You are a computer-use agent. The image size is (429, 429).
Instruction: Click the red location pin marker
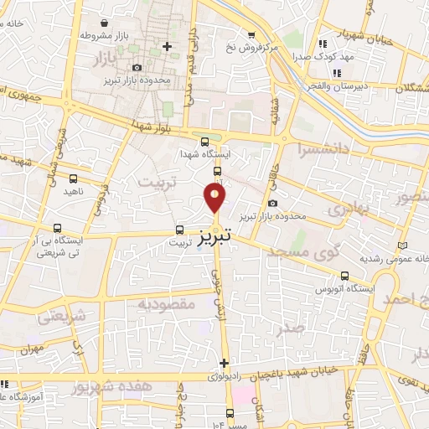(215, 198)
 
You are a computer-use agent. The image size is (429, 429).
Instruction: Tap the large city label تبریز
(216, 238)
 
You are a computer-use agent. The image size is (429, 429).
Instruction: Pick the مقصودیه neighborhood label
(167, 303)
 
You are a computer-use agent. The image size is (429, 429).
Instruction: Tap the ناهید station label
(74, 192)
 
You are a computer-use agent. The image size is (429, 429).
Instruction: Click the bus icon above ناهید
(74, 178)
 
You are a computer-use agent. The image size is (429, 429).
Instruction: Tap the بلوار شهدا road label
(150, 125)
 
